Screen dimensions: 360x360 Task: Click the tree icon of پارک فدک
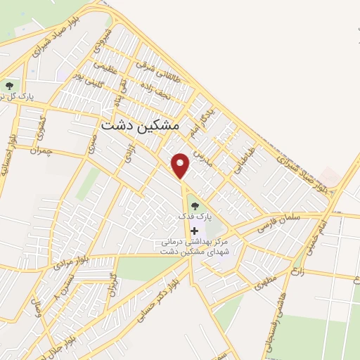pyautogui.click(x=195, y=205)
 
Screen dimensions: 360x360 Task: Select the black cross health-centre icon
pyautogui.click(x=194, y=230)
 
